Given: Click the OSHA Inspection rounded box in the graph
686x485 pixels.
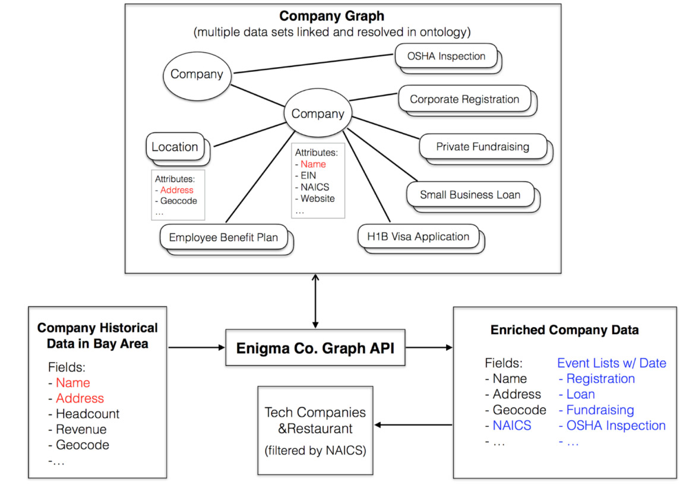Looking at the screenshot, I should (x=446, y=56).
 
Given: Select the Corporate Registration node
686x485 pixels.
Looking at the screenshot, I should (x=464, y=99).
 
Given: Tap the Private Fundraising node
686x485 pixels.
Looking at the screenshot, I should (x=482, y=147).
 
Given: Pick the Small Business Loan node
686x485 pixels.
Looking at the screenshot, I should (x=470, y=195).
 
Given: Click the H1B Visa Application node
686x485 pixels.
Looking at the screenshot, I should (x=418, y=237).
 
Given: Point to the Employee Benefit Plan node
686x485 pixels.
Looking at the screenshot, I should (x=223, y=237).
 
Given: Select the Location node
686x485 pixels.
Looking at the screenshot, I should (x=175, y=147).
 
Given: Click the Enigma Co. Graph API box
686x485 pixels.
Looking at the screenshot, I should (x=315, y=347).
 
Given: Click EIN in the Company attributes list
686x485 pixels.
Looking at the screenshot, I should (x=308, y=176).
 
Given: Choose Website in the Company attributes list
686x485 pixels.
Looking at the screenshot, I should (x=317, y=199).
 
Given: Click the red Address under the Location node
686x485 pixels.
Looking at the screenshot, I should (x=176, y=190).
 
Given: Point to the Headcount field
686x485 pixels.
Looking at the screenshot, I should (x=87, y=414).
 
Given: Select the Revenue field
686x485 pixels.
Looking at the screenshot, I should (x=81, y=429).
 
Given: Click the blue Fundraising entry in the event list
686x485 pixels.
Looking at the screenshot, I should (x=600, y=410).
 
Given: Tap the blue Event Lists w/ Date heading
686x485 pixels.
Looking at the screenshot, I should (x=611, y=363).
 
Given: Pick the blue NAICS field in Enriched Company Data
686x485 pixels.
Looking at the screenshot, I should (x=512, y=426).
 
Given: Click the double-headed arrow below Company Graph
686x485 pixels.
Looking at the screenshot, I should (x=315, y=301).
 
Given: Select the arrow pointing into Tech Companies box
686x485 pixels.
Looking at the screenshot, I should (x=413, y=425).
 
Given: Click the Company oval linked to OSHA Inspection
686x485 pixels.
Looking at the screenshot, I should (x=197, y=74).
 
